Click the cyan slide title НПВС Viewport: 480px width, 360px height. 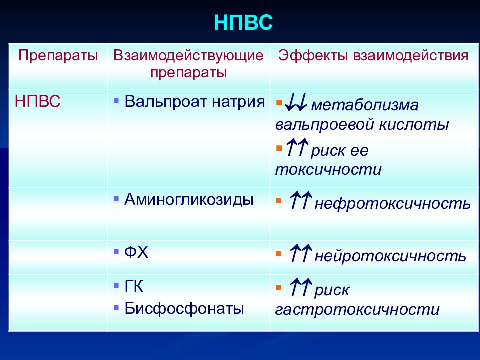(x=243, y=22)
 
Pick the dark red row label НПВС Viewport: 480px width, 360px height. (x=37, y=101)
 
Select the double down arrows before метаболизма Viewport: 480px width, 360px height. (x=296, y=102)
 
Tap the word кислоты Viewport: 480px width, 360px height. (x=414, y=124)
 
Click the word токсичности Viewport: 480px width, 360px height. (x=328, y=169)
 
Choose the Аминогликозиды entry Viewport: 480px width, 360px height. (x=189, y=200)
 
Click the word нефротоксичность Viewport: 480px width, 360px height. (x=393, y=203)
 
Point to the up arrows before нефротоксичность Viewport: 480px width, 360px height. (x=300, y=200)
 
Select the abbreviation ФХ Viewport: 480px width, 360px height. (x=136, y=252)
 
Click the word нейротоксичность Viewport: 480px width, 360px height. (x=390, y=256)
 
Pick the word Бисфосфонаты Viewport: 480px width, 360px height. (x=184, y=308)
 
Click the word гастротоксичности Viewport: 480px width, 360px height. (x=357, y=310)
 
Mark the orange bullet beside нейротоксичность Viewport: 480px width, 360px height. (x=279, y=254)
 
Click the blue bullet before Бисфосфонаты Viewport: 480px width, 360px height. (x=116, y=307)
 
